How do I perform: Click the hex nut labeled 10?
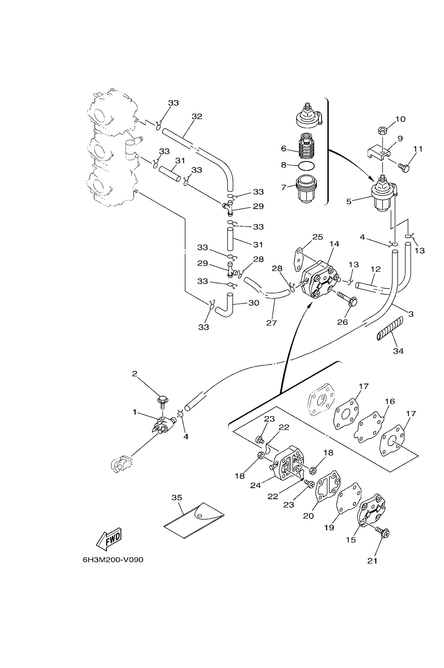tap(383, 131)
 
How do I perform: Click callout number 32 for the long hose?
tap(197, 116)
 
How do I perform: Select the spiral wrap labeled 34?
tap(390, 328)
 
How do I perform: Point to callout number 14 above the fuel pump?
tap(334, 244)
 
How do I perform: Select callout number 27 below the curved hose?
tap(271, 323)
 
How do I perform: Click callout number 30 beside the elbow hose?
tap(254, 303)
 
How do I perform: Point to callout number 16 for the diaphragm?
tap(390, 401)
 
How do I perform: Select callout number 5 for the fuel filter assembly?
tap(349, 201)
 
